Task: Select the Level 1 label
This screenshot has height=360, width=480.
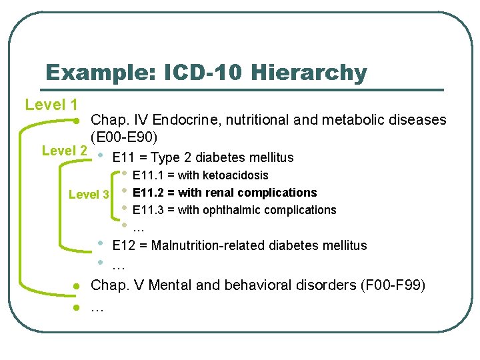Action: tap(51, 105)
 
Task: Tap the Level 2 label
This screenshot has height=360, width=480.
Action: tap(64, 151)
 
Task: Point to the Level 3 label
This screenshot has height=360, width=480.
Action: tap(89, 195)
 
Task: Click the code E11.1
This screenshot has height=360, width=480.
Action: tap(149, 175)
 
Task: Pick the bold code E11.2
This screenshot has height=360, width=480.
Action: tap(149, 193)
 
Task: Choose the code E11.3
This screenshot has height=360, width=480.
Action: tap(149, 210)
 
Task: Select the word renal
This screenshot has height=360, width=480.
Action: tap(222, 193)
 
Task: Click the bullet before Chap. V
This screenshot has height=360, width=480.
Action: tap(77, 286)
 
